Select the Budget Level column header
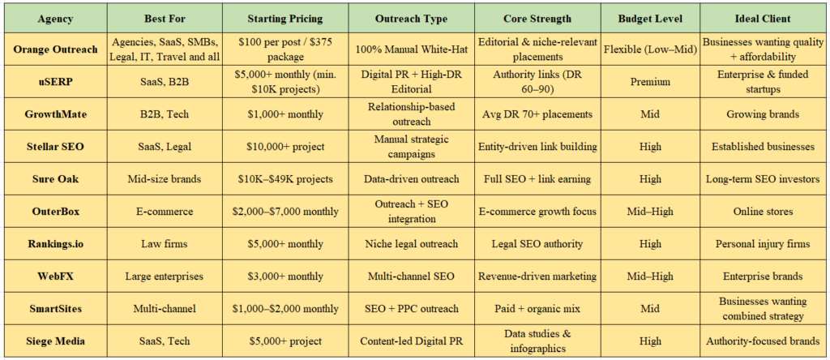(x=650, y=18)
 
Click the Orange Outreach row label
(x=55, y=49)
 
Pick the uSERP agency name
(x=55, y=82)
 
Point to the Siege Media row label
(x=55, y=341)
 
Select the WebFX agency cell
(x=55, y=276)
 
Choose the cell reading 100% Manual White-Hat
(x=413, y=49)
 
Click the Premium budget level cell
(x=650, y=82)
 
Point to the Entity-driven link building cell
(x=537, y=147)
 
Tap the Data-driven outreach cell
(x=413, y=179)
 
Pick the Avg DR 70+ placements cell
(x=537, y=114)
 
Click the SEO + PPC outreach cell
(x=413, y=309)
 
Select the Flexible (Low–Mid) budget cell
(x=650, y=49)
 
